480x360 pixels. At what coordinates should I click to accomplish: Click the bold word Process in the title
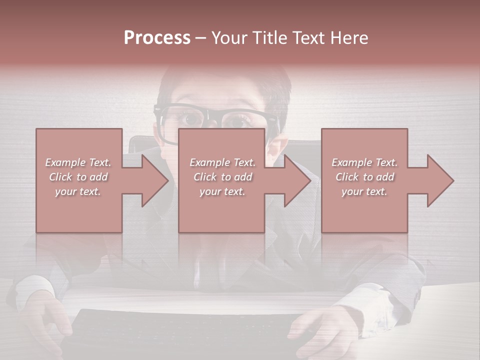point(157,38)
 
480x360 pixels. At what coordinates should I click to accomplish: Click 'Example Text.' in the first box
point(78,162)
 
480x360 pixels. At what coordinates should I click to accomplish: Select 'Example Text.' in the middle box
point(222,162)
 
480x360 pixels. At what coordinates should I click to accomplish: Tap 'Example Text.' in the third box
point(364,162)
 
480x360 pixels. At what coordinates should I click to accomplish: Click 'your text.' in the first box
point(78,191)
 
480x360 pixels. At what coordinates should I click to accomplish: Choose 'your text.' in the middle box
point(222,191)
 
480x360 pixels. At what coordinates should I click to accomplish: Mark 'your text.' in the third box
point(364,191)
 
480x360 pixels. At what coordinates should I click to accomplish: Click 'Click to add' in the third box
point(364,177)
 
